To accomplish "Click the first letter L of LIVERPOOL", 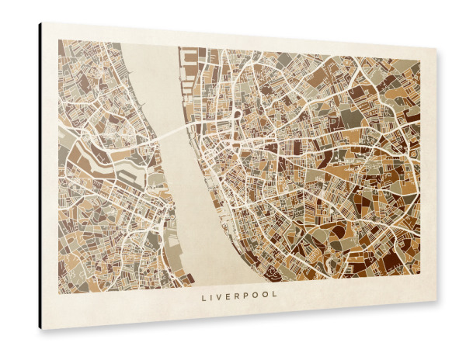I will coord(204,296).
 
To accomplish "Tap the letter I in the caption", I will coord(214,296).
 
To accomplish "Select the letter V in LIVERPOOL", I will coord(222,296).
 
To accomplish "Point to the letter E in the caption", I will coord(231,296).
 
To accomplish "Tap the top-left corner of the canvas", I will coord(42,22).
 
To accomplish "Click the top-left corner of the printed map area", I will coord(58,40).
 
